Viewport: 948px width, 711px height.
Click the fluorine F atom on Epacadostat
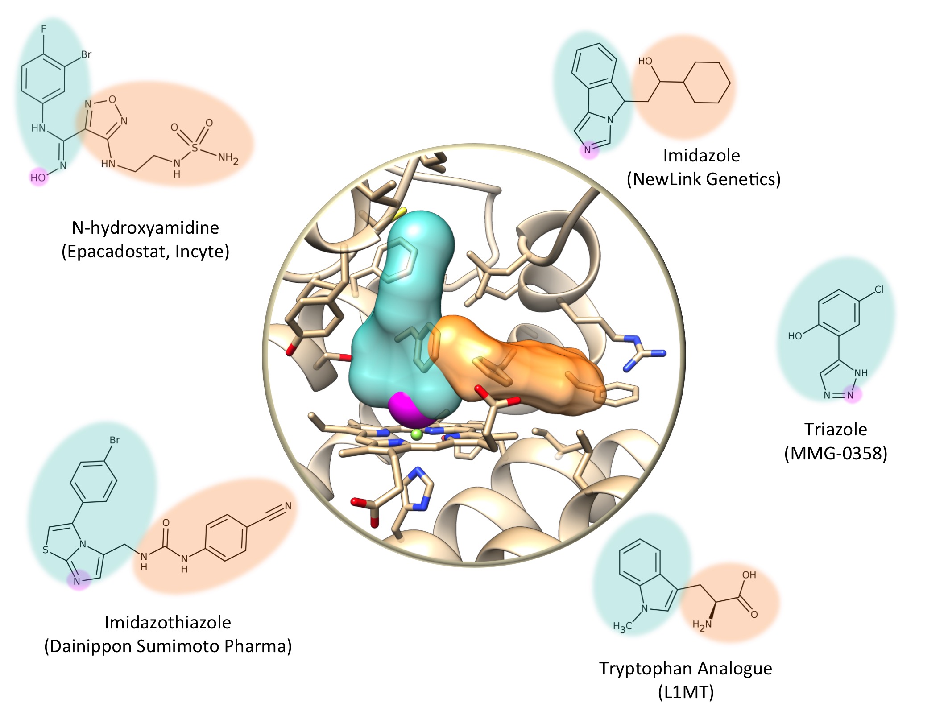pyautogui.click(x=43, y=29)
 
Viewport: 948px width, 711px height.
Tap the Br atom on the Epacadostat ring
pyautogui.click(x=86, y=55)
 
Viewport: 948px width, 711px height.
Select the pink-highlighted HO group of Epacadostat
pyautogui.click(x=38, y=178)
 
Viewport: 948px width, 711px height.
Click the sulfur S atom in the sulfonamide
pyautogui.click(x=195, y=148)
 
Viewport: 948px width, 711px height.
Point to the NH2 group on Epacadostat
pyautogui.click(x=228, y=158)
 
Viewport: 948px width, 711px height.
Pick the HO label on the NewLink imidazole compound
pyautogui.click(x=645, y=61)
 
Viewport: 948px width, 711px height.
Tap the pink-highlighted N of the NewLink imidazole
pyautogui.click(x=588, y=150)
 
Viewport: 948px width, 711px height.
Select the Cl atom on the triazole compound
pyautogui.click(x=879, y=289)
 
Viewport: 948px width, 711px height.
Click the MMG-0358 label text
pyautogui.click(x=836, y=454)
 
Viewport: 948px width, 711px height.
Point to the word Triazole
pyautogui.click(x=836, y=429)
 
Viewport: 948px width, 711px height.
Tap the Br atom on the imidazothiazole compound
pyautogui.click(x=115, y=440)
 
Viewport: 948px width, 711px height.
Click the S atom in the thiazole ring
pyautogui.click(x=45, y=550)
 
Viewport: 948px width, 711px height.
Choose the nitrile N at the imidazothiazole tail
pyautogui.click(x=288, y=506)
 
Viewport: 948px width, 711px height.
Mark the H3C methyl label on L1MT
pyautogui.click(x=622, y=627)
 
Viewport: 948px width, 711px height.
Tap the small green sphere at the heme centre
pyautogui.click(x=416, y=434)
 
